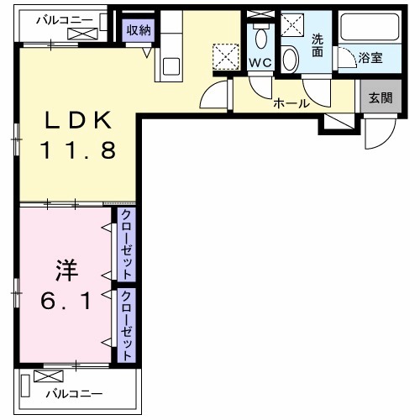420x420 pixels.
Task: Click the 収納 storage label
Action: click(138, 29)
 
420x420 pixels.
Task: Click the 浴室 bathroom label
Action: click(370, 60)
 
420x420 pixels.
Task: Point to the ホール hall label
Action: click(291, 104)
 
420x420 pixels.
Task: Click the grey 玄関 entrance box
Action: click(374, 97)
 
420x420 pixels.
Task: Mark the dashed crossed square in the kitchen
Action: click(225, 56)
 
